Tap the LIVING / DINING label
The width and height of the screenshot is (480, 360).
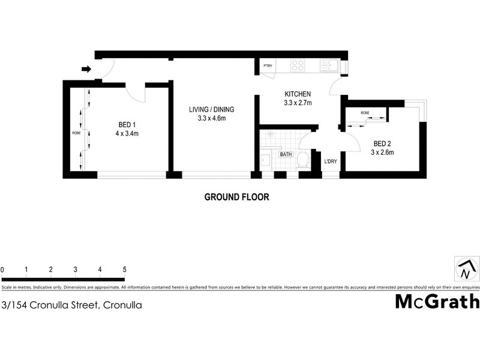click(x=211, y=109)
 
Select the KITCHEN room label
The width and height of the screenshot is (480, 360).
click(x=297, y=94)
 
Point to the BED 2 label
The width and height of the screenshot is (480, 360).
click(x=383, y=143)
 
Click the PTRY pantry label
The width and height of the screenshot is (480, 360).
click(x=267, y=65)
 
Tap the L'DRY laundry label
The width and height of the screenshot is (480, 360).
click(x=331, y=161)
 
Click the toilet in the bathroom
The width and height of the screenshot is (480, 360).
click(x=303, y=159)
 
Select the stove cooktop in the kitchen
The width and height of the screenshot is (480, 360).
click(x=298, y=65)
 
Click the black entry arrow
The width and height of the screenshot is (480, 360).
click(x=86, y=69)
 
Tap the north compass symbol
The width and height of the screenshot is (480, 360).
click(x=466, y=269)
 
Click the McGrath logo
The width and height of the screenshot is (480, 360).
click(x=437, y=301)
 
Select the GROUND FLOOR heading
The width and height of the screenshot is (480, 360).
click(x=237, y=197)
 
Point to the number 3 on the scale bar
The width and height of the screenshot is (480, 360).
click(x=75, y=269)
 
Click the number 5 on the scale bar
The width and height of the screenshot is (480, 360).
click(x=124, y=269)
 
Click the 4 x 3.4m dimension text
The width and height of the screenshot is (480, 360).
click(x=128, y=134)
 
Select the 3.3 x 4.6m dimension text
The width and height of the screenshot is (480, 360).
click(x=211, y=118)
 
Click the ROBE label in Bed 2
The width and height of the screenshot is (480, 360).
click(x=365, y=113)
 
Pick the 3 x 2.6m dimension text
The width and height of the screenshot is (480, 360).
click(x=383, y=152)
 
